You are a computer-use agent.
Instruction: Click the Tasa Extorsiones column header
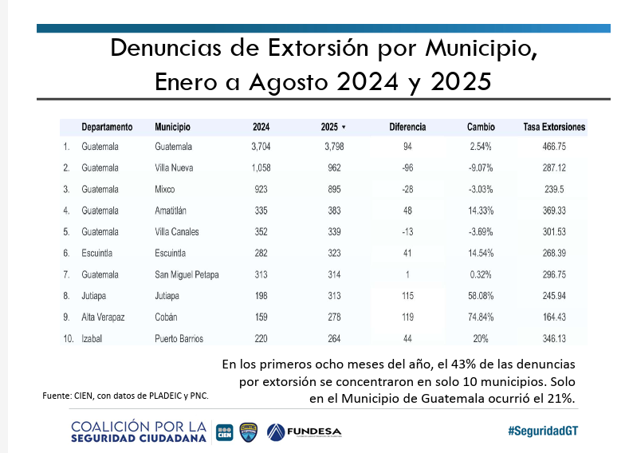point(554,127)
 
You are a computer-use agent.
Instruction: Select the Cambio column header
point(481,127)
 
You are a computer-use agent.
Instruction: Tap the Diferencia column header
point(407,127)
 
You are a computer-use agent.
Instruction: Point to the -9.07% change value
point(481,168)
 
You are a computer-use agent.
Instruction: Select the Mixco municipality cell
point(165,190)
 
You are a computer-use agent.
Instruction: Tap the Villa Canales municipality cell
point(177,232)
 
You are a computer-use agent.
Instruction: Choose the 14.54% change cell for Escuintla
point(481,254)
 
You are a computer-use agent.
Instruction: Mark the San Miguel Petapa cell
point(187,275)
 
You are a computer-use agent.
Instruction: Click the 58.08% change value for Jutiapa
point(481,296)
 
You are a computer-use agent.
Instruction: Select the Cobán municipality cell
point(167,317)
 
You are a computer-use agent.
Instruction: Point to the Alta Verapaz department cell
point(103,317)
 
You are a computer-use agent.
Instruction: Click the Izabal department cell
point(93,339)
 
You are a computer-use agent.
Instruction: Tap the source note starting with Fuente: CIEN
point(125,396)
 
